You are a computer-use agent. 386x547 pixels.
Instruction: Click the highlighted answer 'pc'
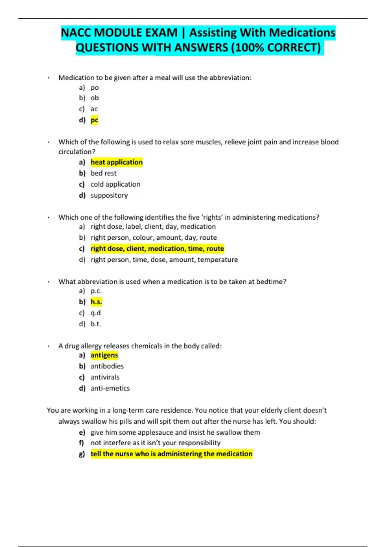point(94,120)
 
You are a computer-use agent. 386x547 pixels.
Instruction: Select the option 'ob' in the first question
point(95,98)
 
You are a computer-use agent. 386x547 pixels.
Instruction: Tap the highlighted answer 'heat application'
point(116,162)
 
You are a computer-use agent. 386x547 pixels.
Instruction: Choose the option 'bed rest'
point(103,173)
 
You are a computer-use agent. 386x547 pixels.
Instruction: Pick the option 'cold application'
point(115,184)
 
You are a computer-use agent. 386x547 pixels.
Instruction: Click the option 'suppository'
point(109,195)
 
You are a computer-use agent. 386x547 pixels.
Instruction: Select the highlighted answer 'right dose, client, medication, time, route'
point(157,248)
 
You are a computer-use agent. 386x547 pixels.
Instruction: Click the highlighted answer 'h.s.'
point(96,302)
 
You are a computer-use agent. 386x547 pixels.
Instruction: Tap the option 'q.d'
point(96,313)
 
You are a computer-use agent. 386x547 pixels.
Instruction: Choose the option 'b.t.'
point(96,324)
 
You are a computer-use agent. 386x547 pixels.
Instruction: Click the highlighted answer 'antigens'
point(104,355)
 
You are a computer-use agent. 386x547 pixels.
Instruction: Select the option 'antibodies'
point(107,366)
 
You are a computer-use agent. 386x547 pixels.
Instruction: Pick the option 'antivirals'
point(105,377)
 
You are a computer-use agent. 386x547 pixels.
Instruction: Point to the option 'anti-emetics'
point(110,388)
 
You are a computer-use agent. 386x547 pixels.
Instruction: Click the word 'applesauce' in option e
point(155,432)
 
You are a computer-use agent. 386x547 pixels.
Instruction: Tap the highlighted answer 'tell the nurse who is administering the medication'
point(171,454)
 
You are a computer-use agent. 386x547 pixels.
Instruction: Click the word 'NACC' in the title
point(76,33)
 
